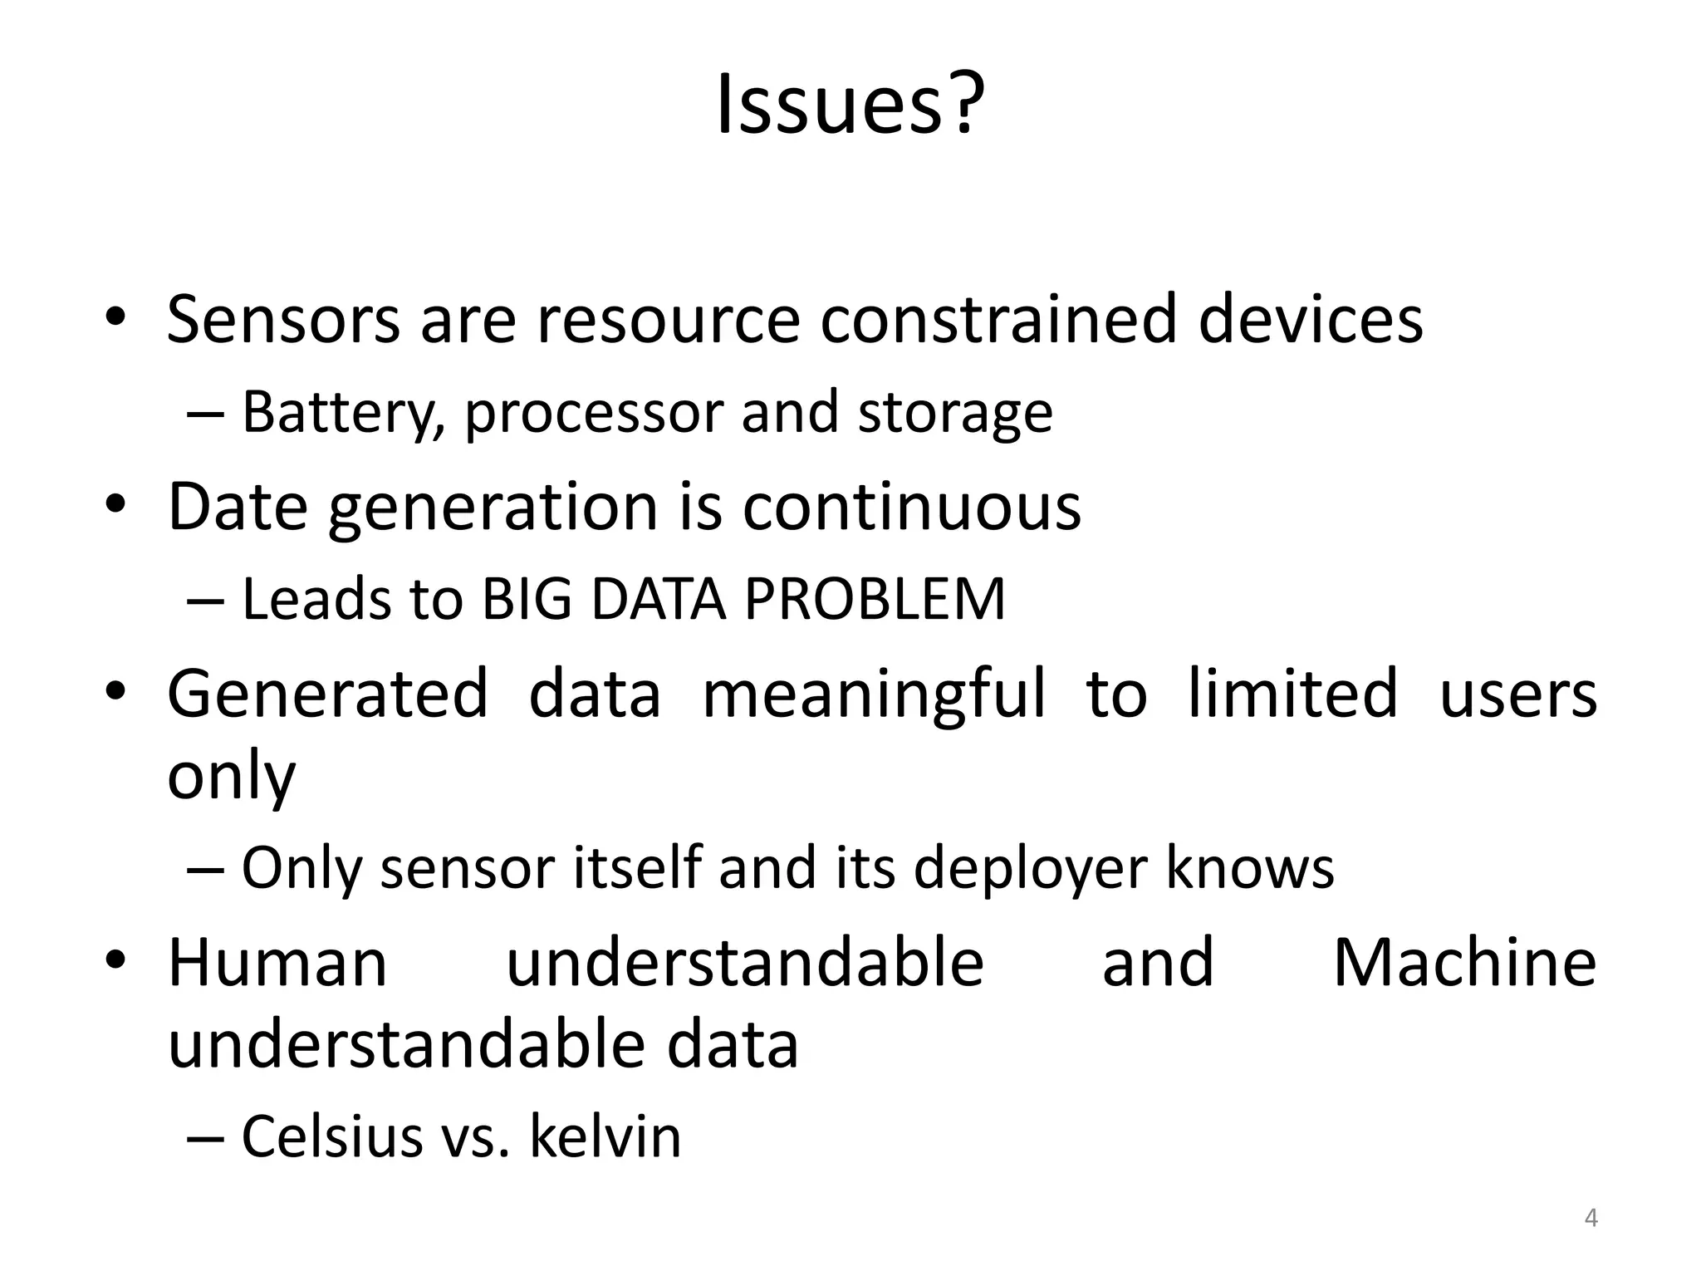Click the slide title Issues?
point(850,105)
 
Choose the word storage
point(954,413)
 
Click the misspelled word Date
point(238,507)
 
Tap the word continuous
point(911,507)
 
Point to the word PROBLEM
point(874,599)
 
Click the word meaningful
point(874,694)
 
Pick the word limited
point(1292,694)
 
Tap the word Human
point(277,963)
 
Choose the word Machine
point(1464,963)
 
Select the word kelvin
point(605,1136)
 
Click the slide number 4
point(1591,1219)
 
